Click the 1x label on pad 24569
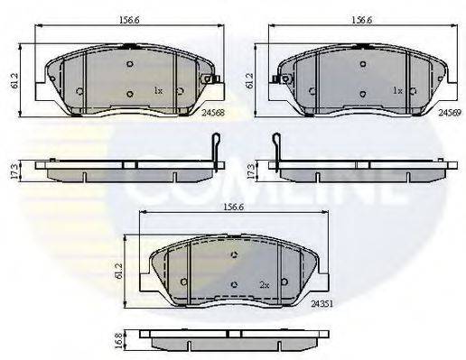point(396,91)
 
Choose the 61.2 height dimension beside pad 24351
point(126,268)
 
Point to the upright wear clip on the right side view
point(277,147)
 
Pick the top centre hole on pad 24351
point(235,255)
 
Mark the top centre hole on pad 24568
point(130,64)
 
